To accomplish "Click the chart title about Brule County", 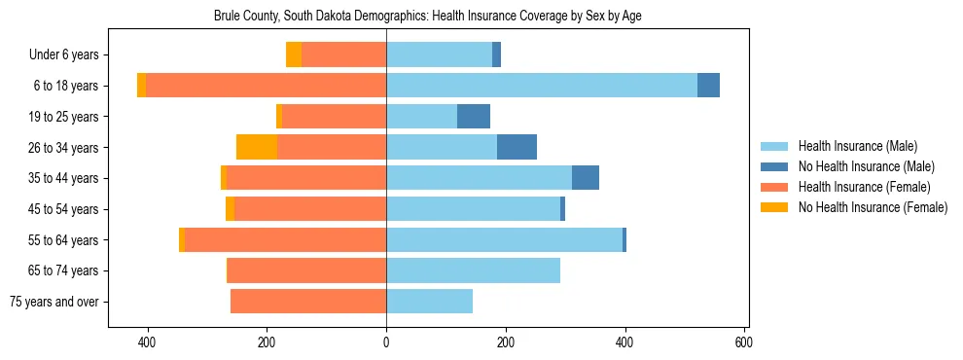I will pos(427,17).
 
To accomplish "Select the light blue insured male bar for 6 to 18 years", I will pos(542,86).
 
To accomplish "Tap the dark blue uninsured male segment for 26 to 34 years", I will pos(517,147).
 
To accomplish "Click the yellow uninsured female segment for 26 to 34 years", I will pos(257,147).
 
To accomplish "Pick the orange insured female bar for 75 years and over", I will pos(308,302).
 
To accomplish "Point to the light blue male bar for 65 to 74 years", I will pos(473,270).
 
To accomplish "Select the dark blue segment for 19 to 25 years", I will pos(474,117).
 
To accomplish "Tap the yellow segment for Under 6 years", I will pos(293,55).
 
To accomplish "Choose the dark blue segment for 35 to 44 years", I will pos(586,178).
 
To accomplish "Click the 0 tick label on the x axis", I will pos(386,342).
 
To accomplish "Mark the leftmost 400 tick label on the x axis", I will pos(148,342).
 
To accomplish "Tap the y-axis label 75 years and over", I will pos(54,302).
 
